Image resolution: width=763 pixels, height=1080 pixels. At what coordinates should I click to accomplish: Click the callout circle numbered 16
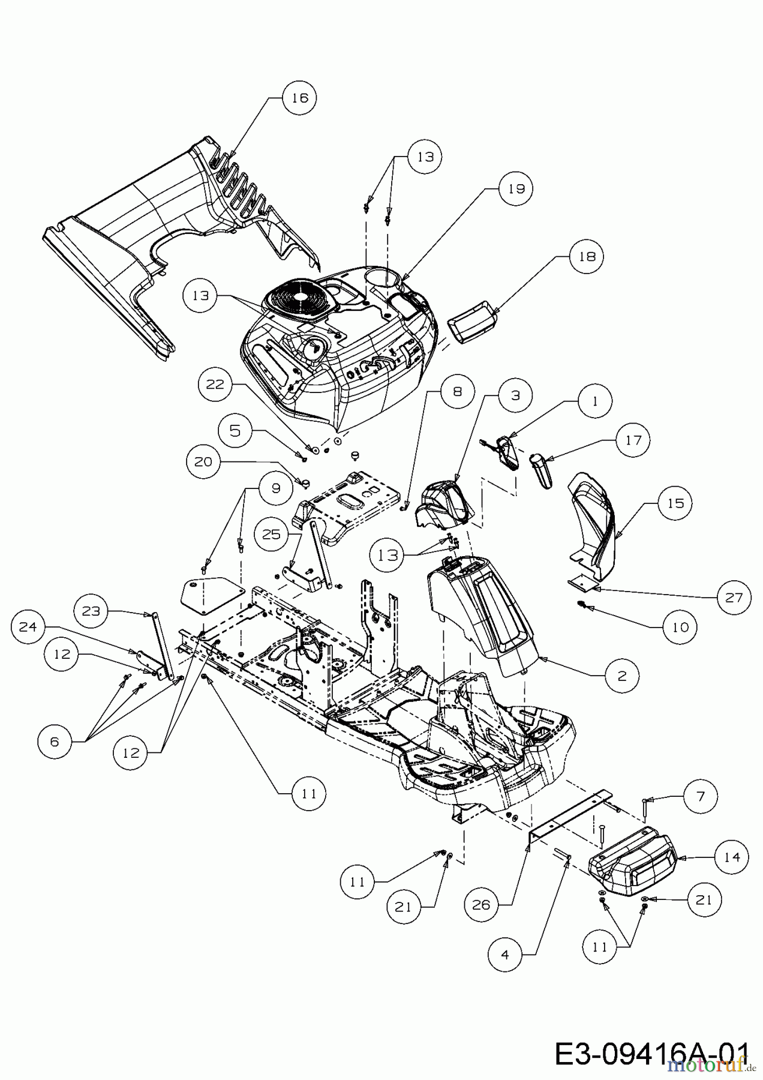click(299, 98)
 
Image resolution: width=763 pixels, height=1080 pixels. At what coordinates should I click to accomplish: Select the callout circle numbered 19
click(516, 188)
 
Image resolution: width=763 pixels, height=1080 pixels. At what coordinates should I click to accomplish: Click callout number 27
click(733, 597)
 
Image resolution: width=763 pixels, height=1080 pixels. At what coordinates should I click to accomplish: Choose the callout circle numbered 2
click(621, 676)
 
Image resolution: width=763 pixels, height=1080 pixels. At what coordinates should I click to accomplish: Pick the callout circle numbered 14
click(732, 857)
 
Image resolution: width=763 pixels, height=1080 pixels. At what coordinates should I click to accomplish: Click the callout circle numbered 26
click(481, 905)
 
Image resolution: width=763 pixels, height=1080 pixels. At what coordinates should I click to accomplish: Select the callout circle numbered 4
click(504, 955)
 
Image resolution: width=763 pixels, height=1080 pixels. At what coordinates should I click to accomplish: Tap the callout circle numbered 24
click(28, 627)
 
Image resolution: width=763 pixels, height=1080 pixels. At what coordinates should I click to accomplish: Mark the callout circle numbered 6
click(54, 742)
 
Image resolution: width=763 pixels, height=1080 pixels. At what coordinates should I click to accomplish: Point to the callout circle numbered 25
click(271, 533)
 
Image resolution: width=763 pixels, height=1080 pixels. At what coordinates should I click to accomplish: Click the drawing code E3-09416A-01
click(651, 1052)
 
